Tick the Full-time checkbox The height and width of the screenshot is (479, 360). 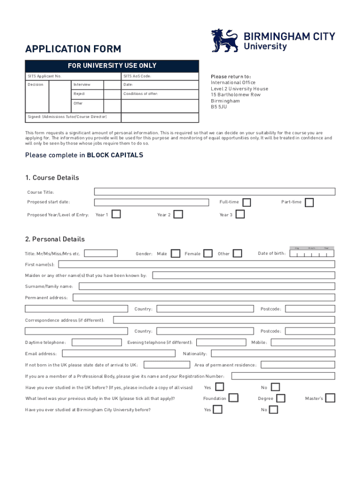coord(246,202)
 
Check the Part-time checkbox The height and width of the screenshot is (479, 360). coord(309,202)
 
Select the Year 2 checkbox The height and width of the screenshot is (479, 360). coord(178,214)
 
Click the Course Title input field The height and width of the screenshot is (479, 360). coord(215,191)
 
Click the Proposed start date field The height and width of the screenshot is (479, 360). coord(151,202)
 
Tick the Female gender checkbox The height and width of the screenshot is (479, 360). coord(208,254)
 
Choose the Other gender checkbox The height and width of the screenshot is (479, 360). coord(238,254)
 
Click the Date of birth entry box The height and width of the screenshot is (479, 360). coord(312,254)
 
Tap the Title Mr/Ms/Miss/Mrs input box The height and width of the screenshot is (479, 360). coord(101,254)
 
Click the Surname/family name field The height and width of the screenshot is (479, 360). coord(207,286)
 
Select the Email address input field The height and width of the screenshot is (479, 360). coord(118,354)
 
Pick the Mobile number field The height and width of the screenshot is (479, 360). coord(303,342)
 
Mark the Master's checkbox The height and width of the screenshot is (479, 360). coord(330,398)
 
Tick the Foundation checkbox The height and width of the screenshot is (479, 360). coord(233,398)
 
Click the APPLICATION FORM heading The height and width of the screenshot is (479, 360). coord(73,49)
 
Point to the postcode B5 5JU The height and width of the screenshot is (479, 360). coord(219,107)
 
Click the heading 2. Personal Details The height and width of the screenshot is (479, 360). coord(55,239)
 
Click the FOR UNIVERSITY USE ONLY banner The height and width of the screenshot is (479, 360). coord(112,65)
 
